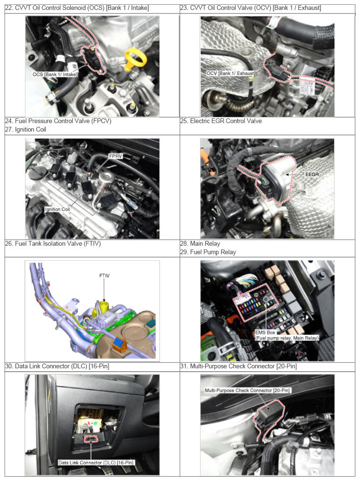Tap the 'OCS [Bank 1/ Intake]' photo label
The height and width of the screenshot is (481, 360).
55,74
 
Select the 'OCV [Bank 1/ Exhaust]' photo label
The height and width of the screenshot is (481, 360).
231,73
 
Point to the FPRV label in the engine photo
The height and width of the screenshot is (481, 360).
116,156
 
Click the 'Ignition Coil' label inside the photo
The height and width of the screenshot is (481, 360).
58,209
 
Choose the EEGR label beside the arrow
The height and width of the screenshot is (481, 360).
312,174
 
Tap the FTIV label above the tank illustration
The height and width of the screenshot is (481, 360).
104,276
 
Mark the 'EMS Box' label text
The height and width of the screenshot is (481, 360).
266,332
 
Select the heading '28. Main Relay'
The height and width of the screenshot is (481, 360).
200,244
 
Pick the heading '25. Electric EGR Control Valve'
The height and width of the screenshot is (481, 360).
221,121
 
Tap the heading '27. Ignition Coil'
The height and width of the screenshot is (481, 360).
25,130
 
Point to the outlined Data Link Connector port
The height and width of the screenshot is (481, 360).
92,439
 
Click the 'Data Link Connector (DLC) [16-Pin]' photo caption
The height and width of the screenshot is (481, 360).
96,462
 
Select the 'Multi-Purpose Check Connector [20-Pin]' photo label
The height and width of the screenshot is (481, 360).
247,390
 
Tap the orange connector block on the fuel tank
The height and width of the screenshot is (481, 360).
120,345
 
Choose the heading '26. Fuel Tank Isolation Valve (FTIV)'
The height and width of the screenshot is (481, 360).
53,244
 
